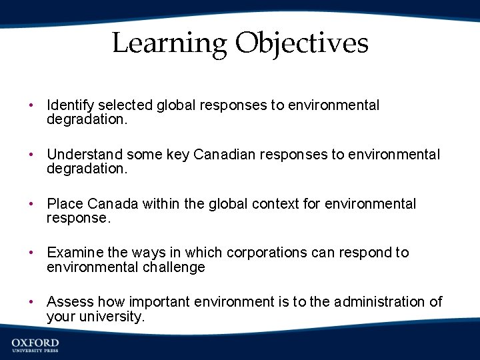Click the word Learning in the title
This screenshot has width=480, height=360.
tap(169, 44)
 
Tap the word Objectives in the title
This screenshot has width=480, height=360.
tap(301, 44)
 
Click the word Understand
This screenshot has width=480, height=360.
tap(85, 155)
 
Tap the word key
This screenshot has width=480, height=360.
tap(177, 155)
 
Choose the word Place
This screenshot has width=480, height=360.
tap(65, 204)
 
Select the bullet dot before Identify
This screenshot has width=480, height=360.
tap(31, 106)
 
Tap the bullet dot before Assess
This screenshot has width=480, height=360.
tap(31, 303)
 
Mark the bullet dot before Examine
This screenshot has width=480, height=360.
tap(31, 253)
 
